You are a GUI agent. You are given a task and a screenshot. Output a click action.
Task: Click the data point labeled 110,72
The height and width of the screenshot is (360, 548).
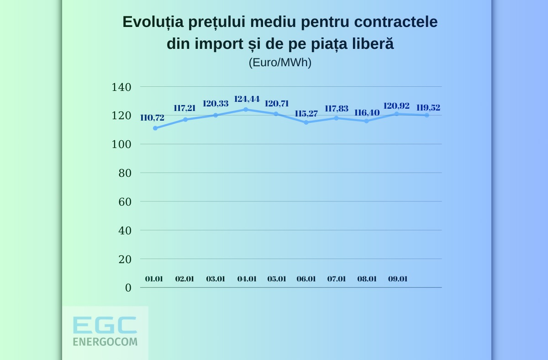coord(155,128)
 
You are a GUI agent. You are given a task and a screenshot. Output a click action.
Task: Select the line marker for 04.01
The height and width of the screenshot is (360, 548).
coord(246,110)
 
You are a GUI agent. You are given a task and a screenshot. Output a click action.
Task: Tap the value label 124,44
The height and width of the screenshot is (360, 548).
coord(247,99)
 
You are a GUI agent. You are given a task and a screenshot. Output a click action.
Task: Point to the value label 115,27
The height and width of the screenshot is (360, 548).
coord(306,113)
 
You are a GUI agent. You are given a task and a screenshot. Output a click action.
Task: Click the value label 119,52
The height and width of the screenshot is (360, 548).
coord(428,108)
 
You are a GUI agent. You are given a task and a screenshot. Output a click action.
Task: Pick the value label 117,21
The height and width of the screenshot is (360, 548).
coord(184,108)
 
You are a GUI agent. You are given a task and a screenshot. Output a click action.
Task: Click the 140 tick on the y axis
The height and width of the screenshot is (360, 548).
coord(121,87)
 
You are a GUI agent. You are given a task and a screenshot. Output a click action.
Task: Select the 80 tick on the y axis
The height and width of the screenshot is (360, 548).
coord(125,173)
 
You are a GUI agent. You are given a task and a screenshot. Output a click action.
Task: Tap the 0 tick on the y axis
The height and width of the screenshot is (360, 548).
coord(128,288)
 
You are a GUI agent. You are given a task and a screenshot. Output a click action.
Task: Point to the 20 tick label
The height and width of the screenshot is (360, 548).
coord(125,259)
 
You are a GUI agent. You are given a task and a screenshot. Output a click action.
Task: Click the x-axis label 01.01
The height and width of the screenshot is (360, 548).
coord(154,279)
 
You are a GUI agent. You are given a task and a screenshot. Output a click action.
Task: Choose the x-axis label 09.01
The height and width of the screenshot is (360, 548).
coord(397,279)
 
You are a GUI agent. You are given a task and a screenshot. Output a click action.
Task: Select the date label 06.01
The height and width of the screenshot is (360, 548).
coord(306,279)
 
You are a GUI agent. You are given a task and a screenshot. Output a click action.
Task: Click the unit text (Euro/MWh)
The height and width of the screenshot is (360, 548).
coord(280,63)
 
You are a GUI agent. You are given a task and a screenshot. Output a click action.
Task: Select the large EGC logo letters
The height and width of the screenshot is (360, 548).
coord(105,325)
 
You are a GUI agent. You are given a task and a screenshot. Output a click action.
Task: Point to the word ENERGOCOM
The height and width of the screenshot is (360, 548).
coord(105,341)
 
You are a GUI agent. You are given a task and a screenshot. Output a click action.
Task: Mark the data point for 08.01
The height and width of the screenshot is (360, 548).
coord(366,121)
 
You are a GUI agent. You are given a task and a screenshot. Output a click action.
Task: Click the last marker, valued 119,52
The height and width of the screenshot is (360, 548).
coord(427,115)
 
